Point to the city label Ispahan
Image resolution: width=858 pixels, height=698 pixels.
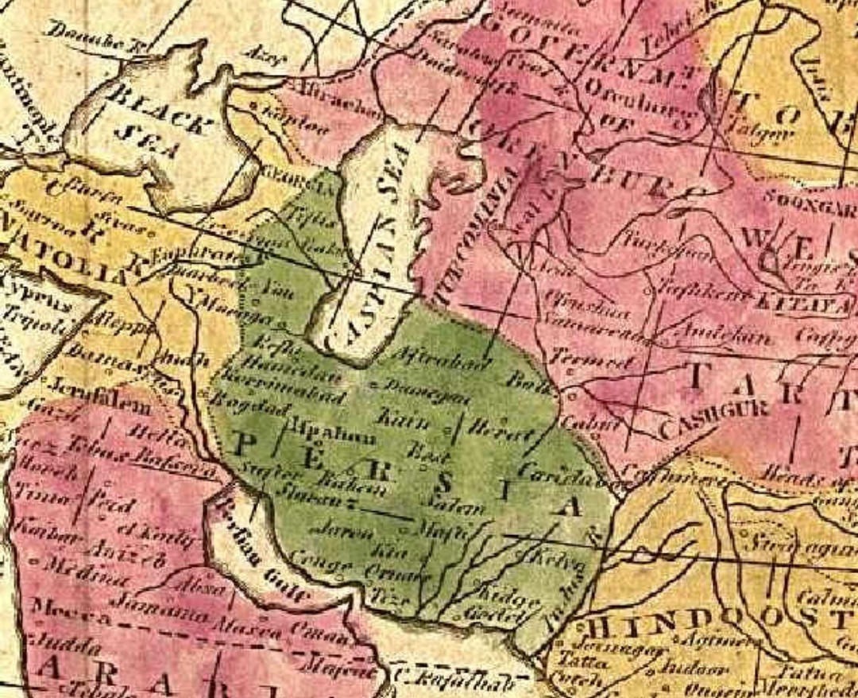322,436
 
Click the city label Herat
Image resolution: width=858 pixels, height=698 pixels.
497,430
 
